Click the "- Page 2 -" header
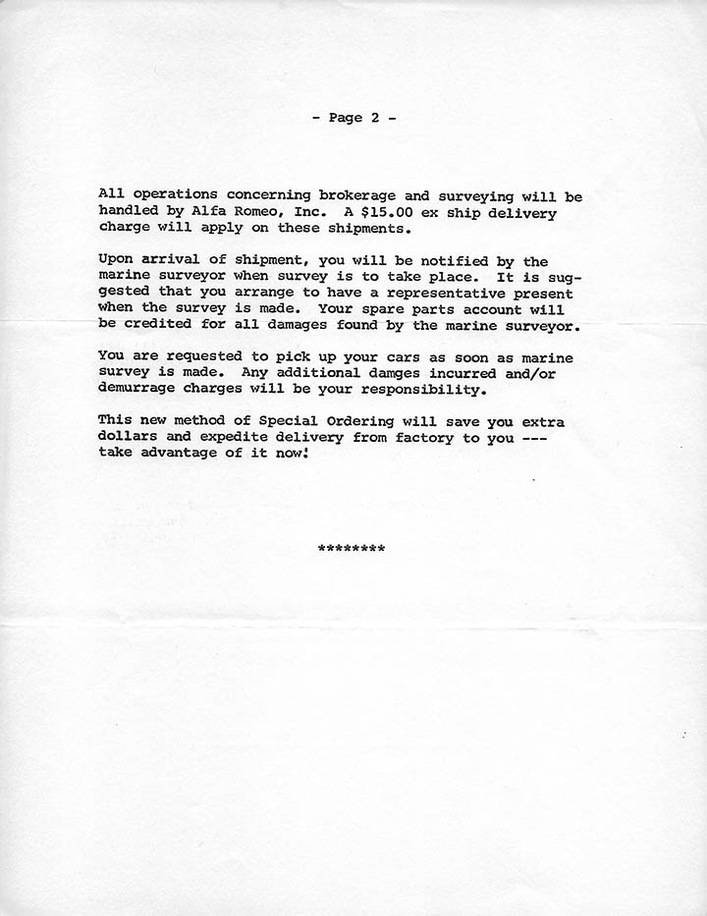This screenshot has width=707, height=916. (x=353, y=118)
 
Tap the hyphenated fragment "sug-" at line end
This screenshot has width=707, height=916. (x=566, y=278)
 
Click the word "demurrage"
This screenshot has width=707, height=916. (x=138, y=390)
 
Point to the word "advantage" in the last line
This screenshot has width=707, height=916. (x=176, y=454)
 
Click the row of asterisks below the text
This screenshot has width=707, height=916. (x=352, y=548)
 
